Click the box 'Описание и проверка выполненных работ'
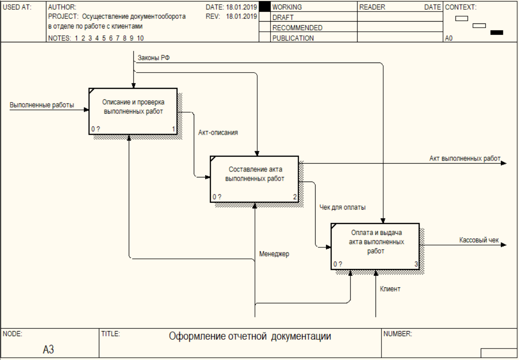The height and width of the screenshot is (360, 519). tap(133, 111)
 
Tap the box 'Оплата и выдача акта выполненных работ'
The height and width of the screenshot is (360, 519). tap(375, 246)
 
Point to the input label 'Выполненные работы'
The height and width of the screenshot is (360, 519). tap(42, 105)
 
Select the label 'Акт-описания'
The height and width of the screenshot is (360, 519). tap(218, 132)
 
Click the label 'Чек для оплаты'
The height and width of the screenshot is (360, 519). tap(343, 207)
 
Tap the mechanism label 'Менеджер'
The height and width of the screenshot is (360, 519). tap(274, 254)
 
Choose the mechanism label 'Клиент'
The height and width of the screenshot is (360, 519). tap(390, 289)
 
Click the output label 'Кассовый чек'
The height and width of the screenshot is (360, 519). tap(479, 240)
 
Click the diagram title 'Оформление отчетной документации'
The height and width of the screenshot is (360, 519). tap(250, 337)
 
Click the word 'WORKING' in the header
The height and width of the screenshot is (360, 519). tap(287, 7)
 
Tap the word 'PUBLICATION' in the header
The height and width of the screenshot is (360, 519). tap(293, 39)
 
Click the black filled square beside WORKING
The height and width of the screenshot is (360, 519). tap(265, 7)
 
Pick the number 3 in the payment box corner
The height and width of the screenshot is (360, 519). tap(416, 264)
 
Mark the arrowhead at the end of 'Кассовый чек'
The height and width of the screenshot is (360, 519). tap(503, 245)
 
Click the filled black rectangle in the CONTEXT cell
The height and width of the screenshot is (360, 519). tap(497, 33)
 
